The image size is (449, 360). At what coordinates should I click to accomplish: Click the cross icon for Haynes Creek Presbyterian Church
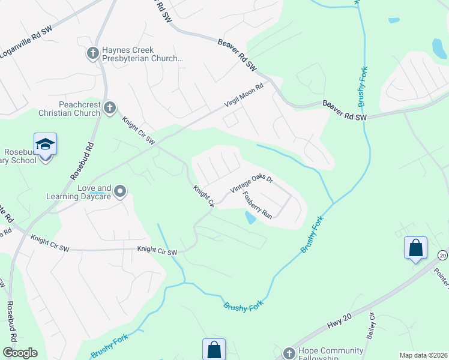pos(92,54)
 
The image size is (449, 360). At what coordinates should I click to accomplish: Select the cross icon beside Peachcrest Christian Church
pos(109,108)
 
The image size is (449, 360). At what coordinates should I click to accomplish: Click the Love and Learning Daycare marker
pos(120,191)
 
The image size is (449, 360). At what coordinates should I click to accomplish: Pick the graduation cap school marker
pos(45,144)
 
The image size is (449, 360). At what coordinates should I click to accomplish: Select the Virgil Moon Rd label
pos(244,97)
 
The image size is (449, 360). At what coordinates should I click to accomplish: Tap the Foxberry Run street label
pos(258,204)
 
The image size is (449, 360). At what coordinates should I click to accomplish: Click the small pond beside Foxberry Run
pos(250,217)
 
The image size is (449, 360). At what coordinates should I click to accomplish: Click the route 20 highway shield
pos(442,255)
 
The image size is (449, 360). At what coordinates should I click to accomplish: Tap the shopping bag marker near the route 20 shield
pos(415,248)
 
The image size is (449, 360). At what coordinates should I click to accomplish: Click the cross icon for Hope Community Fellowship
pos(289,353)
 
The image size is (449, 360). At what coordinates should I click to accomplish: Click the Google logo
pos(20,353)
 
